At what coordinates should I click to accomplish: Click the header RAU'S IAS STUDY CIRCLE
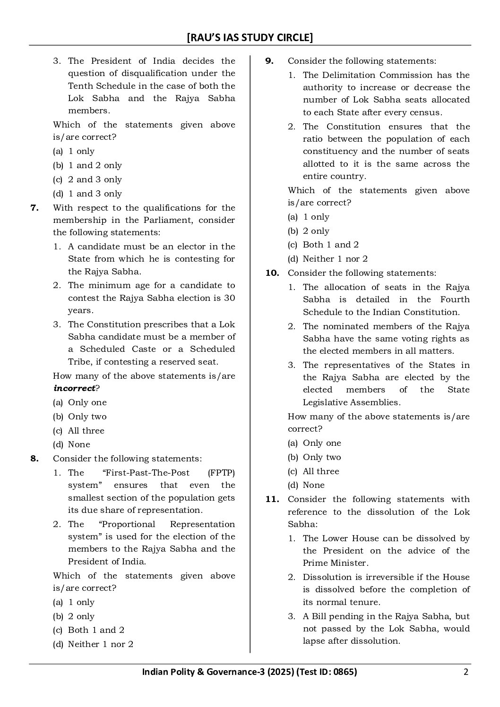pyautogui.click(x=250, y=37)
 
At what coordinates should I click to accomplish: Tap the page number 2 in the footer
pyautogui.click(x=466, y=672)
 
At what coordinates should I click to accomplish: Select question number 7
pyautogui.click(x=34, y=208)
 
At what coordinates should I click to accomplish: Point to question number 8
pyautogui.click(x=34, y=459)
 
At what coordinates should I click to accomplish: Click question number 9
pyautogui.click(x=269, y=61)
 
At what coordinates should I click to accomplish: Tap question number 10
pyautogui.click(x=272, y=273)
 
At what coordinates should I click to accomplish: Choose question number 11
pyautogui.click(x=272, y=499)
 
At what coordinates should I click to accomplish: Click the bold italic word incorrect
pyautogui.click(x=74, y=388)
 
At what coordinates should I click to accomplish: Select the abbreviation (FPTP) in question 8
pyautogui.click(x=221, y=473)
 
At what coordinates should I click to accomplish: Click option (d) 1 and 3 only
pyautogui.click(x=87, y=194)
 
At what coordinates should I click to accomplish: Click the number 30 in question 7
pyautogui.click(x=230, y=298)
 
